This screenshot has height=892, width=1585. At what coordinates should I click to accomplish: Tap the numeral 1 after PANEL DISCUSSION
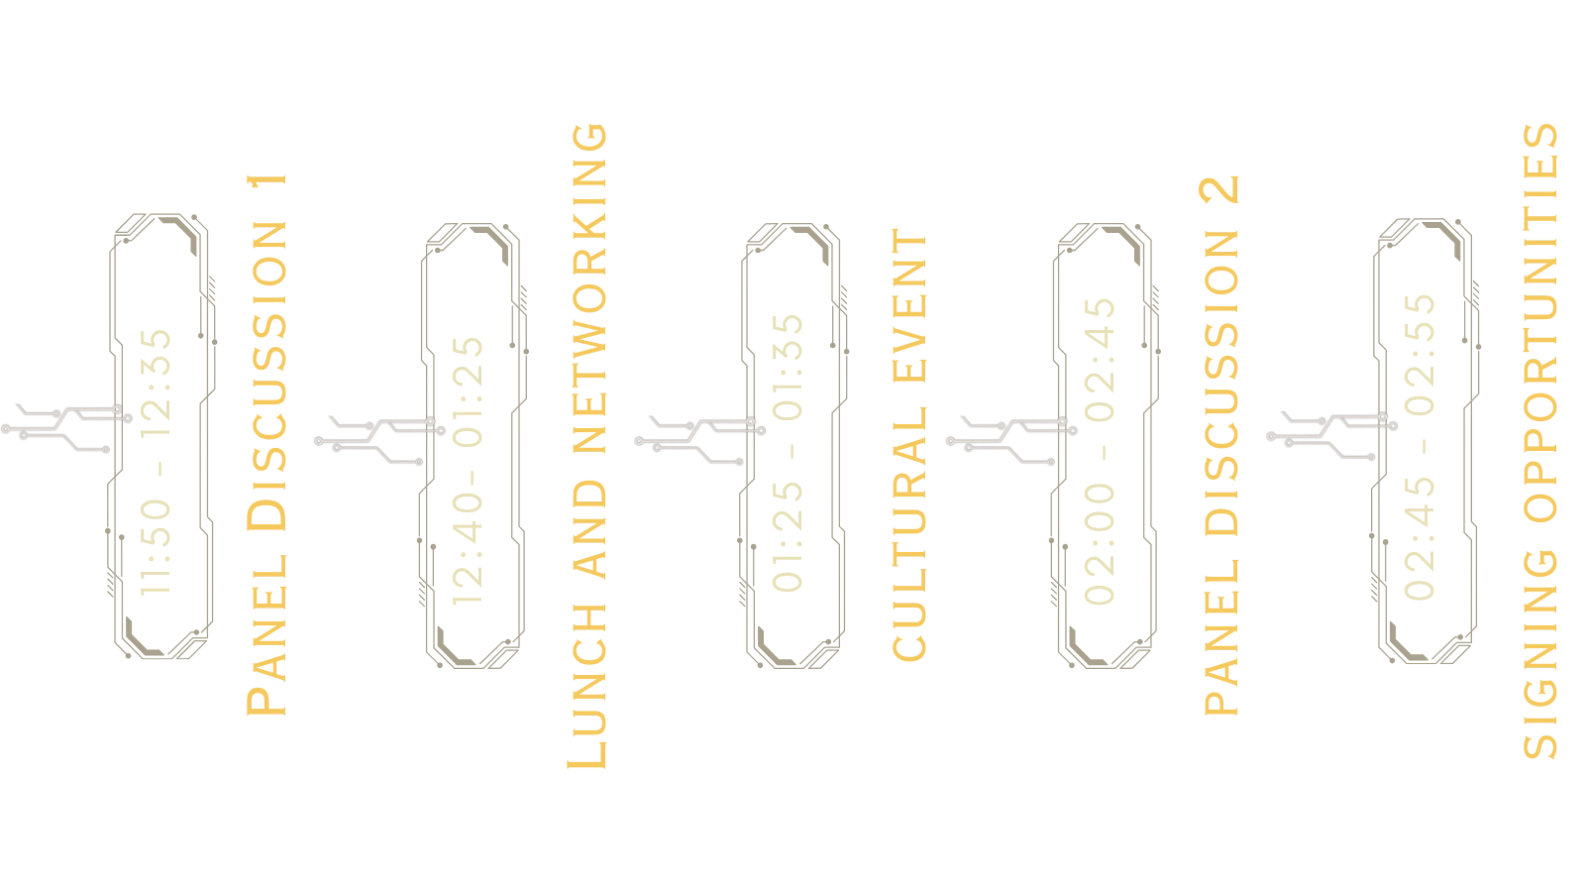tap(264, 183)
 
